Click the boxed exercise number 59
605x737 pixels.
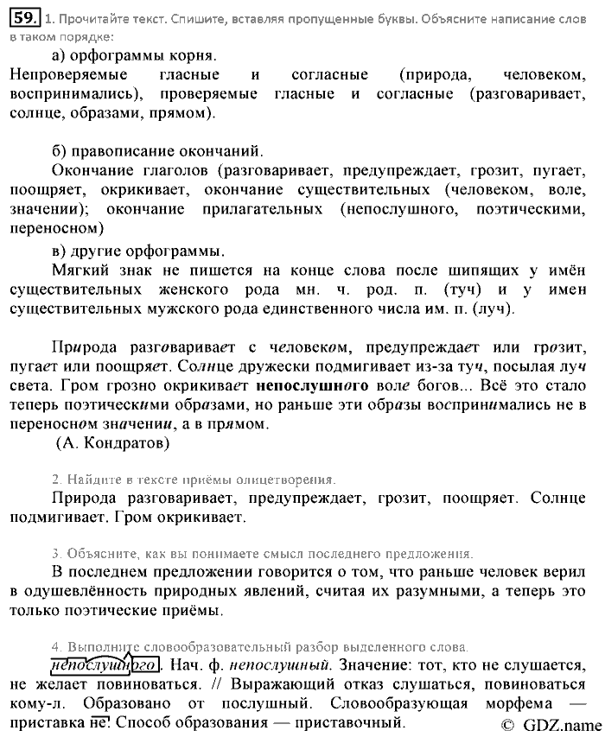point(25,15)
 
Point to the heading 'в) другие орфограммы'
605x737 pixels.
point(137,251)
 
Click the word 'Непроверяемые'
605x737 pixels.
point(62,74)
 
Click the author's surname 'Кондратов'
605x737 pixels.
point(124,444)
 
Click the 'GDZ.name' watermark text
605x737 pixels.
point(557,725)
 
